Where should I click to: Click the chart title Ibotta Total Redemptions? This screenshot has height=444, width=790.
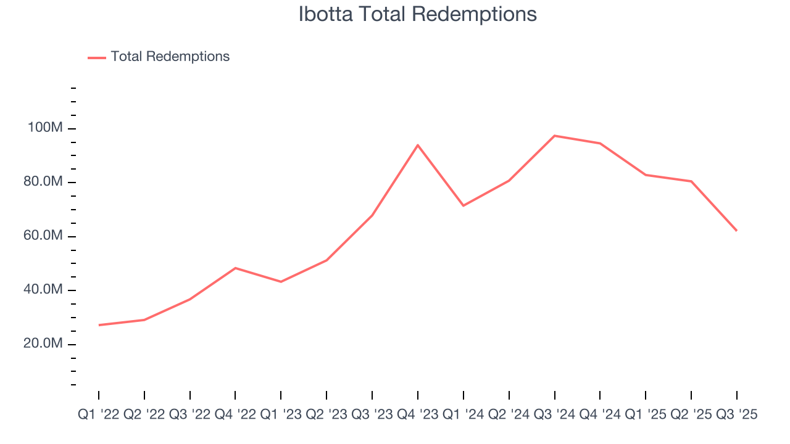(x=417, y=14)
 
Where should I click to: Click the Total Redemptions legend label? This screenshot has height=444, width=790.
(x=170, y=57)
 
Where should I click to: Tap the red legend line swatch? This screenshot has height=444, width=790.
(x=97, y=57)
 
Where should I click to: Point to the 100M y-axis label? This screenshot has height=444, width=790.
(x=45, y=128)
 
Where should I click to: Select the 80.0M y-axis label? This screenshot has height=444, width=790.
(x=43, y=182)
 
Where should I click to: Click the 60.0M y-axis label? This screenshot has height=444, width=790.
(x=43, y=236)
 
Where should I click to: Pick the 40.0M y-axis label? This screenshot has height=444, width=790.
(x=43, y=290)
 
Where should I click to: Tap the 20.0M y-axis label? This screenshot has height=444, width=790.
(x=43, y=343)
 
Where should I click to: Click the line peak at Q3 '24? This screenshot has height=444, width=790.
(x=554, y=136)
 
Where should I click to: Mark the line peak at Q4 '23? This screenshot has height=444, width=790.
(x=418, y=145)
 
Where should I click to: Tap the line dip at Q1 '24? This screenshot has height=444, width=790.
(x=464, y=205)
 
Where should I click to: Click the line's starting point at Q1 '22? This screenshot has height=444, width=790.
(x=99, y=325)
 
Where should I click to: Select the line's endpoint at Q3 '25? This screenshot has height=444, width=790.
(x=736, y=231)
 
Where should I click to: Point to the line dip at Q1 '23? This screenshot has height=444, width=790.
(x=281, y=282)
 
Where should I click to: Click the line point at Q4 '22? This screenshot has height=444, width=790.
(x=235, y=268)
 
